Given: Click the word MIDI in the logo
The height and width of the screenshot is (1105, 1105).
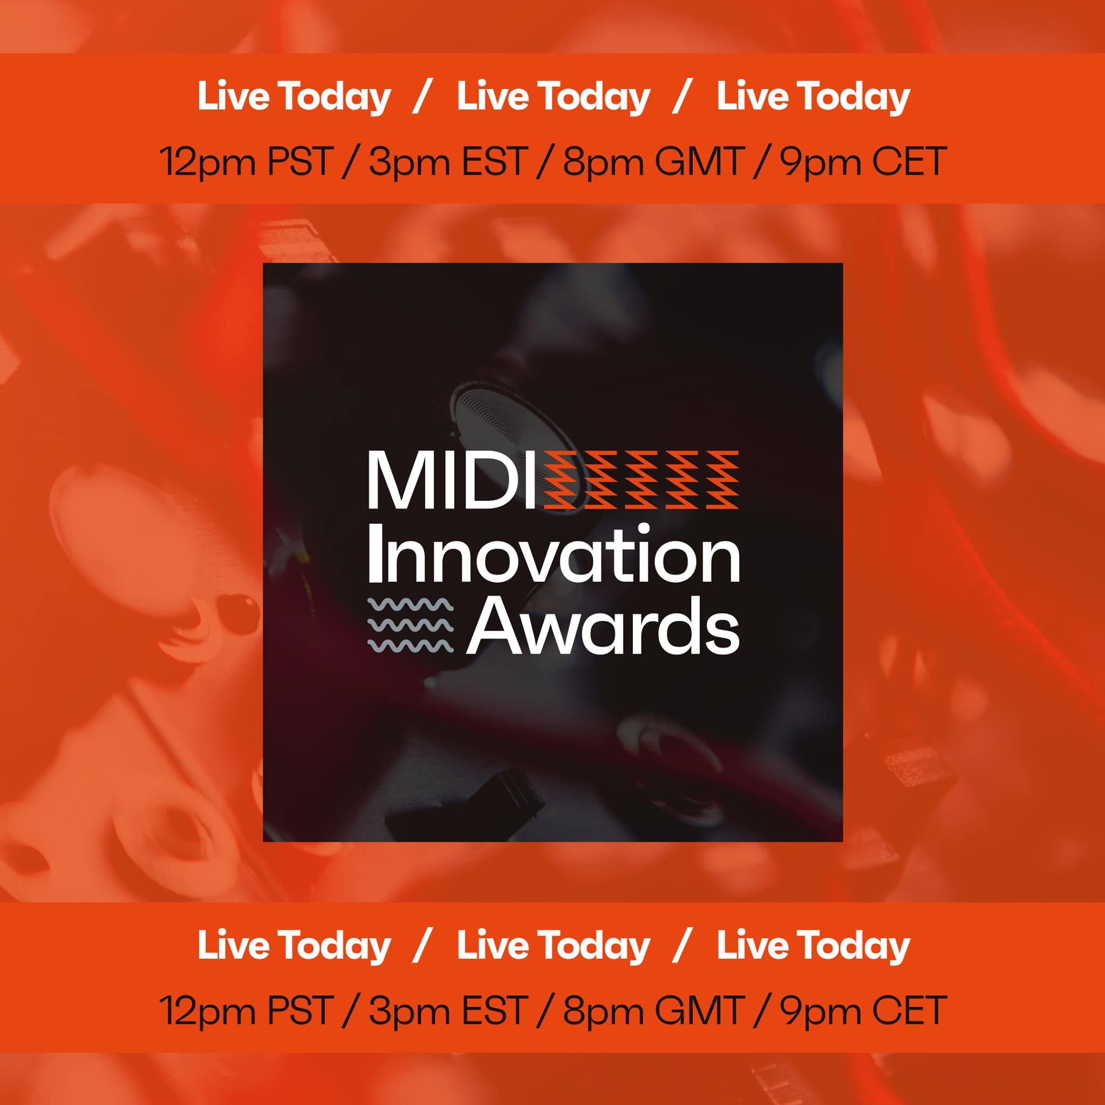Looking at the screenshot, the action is (x=452, y=480).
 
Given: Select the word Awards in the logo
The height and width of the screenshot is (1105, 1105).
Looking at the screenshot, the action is (x=603, y=625).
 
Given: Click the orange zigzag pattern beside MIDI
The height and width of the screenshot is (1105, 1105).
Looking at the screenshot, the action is (x=641, y=480).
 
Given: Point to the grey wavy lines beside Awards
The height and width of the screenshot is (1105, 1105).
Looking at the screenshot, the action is (x=410, y=625).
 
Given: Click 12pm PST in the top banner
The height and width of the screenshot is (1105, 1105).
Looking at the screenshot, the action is (x=246, y=162).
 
